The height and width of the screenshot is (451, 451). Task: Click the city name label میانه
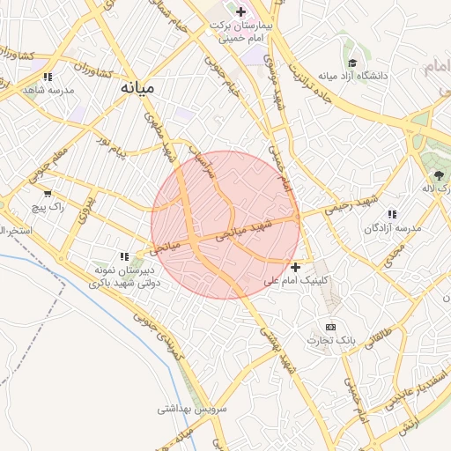click(x=139, y=88)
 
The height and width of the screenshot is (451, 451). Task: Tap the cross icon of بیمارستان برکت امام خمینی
click(x=240, y=11)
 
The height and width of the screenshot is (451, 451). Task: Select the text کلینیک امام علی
click(x=296, y=280)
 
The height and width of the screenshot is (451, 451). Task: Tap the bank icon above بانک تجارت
click(x=331, y=327)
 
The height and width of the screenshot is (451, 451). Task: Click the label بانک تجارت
click(x=331, y=340)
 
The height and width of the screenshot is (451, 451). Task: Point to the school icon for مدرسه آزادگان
click(x=391, y=213)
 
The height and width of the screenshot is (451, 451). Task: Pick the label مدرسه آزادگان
click(x=394, y=227)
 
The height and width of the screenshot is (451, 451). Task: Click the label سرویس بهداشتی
click(x=193, y=409)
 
